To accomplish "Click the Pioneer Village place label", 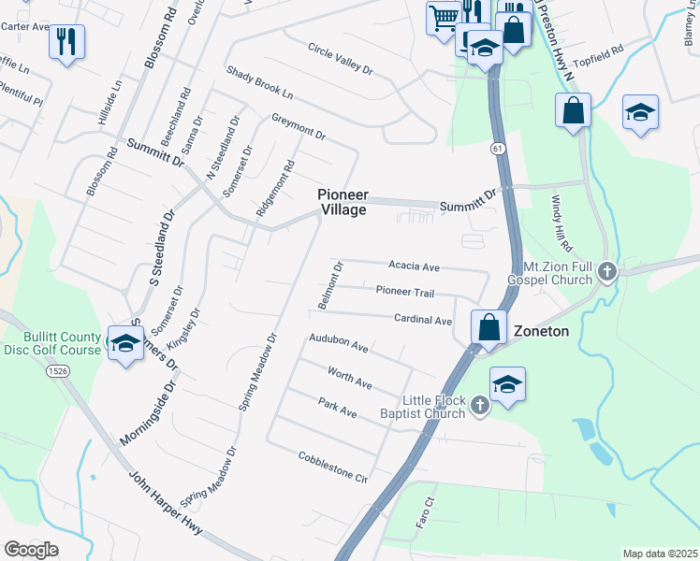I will pyautogui.click(x=342, y=202).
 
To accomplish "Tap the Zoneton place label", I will pyautogui.click(x=542, y=331).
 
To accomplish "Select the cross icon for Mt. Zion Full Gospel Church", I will pyautogui.click(x=606, y=272).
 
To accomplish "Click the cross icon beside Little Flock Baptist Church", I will pyautogui.click(x=480, y=405).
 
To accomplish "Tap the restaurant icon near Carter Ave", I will pyautogui.click(x=66, y=42).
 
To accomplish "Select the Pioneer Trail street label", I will pyautogui.click(x=405, y=293).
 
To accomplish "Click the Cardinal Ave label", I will pyautogui.click(x=422, y=320).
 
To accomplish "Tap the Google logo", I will pyautogui.click(x=31, y=549).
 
